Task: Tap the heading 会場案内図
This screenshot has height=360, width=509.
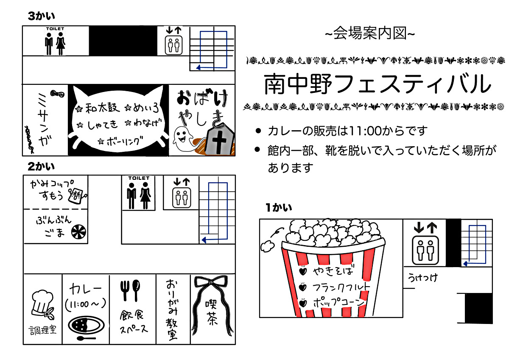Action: click(370, 33)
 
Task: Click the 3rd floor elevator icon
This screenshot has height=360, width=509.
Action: click(173, 45)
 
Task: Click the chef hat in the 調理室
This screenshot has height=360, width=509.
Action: click(43, 303)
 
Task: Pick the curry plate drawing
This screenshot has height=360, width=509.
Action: click(87, 325)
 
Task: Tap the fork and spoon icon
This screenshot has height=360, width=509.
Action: click(130, 290)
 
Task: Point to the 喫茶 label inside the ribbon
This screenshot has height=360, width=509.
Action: click(211, 313)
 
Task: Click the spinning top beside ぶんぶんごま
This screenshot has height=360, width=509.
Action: click(78, 232)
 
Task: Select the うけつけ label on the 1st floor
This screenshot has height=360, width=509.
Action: click(422, 278)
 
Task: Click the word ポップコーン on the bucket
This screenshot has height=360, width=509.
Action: click(339, 302)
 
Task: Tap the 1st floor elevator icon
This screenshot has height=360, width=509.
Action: click(425, 250)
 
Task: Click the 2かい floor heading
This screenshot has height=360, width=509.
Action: click(41, 167)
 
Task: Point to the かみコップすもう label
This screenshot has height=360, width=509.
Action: click(52, 190)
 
